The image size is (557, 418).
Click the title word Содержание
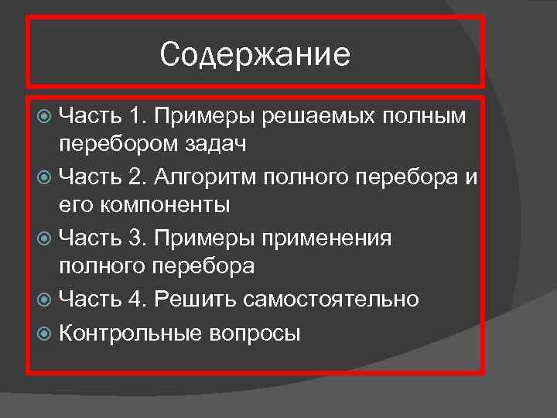click(x=255, y=54)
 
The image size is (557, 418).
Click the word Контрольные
click(x=128, y=333)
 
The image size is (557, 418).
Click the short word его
click(x=75, y=206)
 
